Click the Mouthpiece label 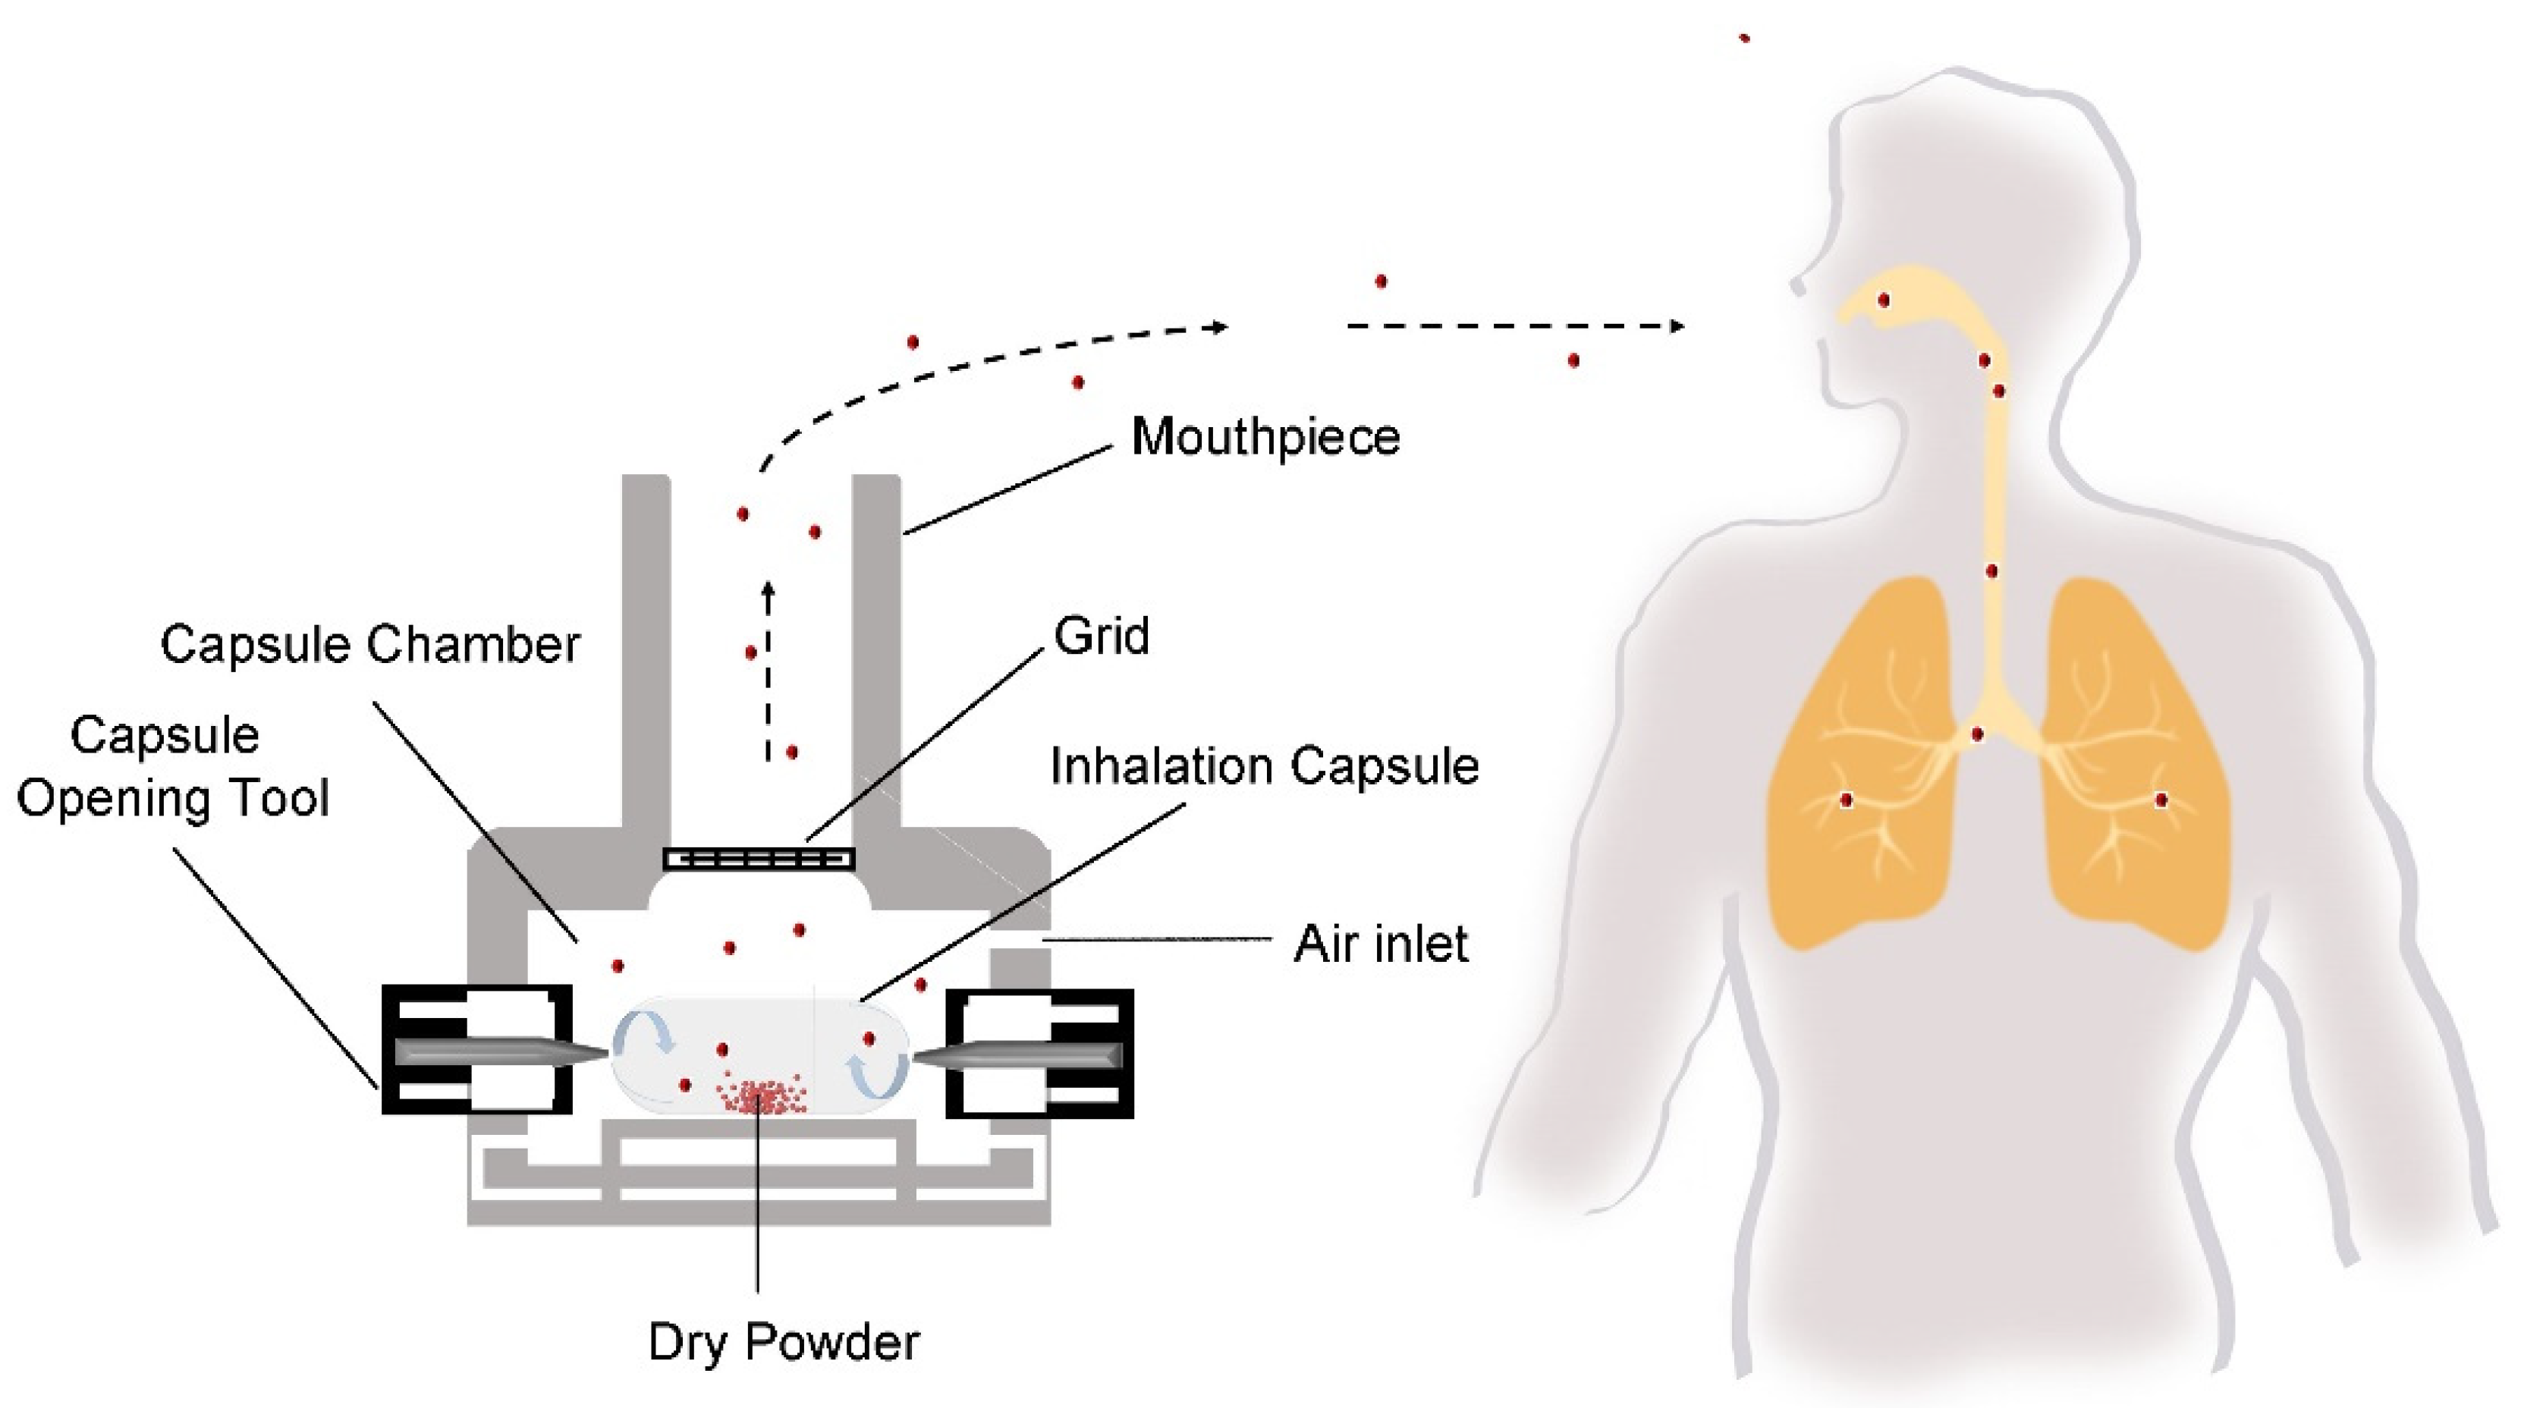coord(1265,438)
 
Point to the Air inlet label coord(1380,944)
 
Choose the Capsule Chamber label coord(370,645)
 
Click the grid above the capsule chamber coord(759,859)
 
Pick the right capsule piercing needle coord(1018,1054)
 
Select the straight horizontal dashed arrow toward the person coord(1515,325)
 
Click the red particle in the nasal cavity coord(1884,300)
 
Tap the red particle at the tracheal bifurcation coord(1978,734)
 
